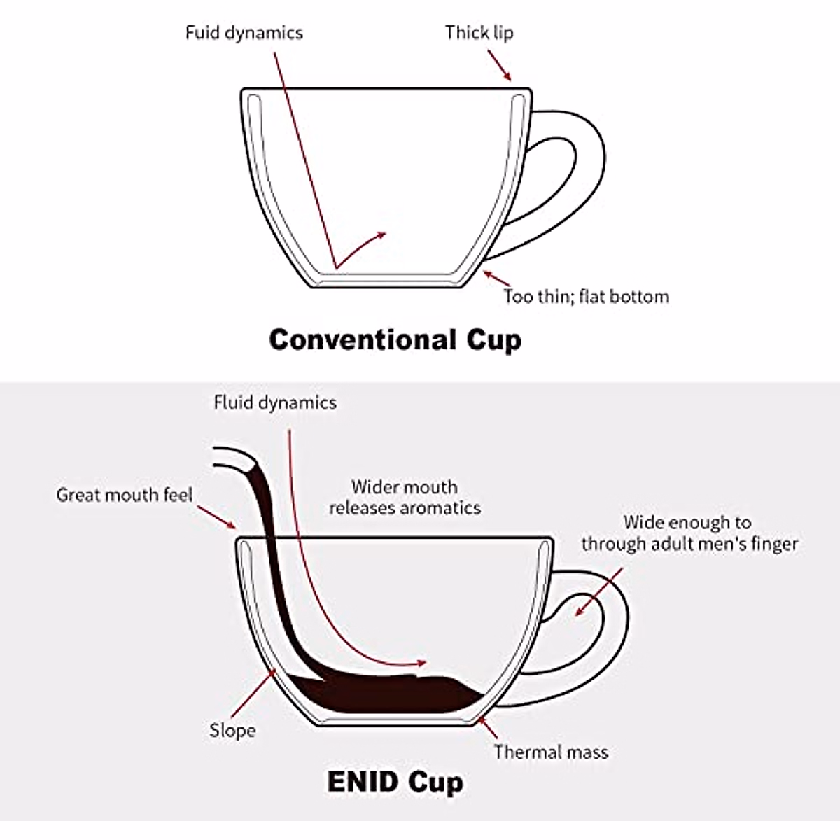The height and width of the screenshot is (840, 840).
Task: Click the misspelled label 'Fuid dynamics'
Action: click(244, 33)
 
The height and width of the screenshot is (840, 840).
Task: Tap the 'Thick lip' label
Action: click(479, 33)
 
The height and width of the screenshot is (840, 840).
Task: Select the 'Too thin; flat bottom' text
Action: click(587, 297)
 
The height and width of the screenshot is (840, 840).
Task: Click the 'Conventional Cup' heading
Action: click(395, 340)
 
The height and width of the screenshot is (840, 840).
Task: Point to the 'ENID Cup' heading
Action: click(395, 782)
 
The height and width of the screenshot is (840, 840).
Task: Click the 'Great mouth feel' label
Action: click(124, 495)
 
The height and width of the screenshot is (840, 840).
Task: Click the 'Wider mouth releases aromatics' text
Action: click(405, 498)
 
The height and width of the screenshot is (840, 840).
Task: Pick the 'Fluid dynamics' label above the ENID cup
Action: click(275, 402)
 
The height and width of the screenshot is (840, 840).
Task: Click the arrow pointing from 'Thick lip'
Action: click(500, 65)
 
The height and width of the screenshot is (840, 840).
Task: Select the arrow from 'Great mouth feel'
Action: click(216, 517)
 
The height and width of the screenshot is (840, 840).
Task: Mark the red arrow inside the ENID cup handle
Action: click(599, 592)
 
